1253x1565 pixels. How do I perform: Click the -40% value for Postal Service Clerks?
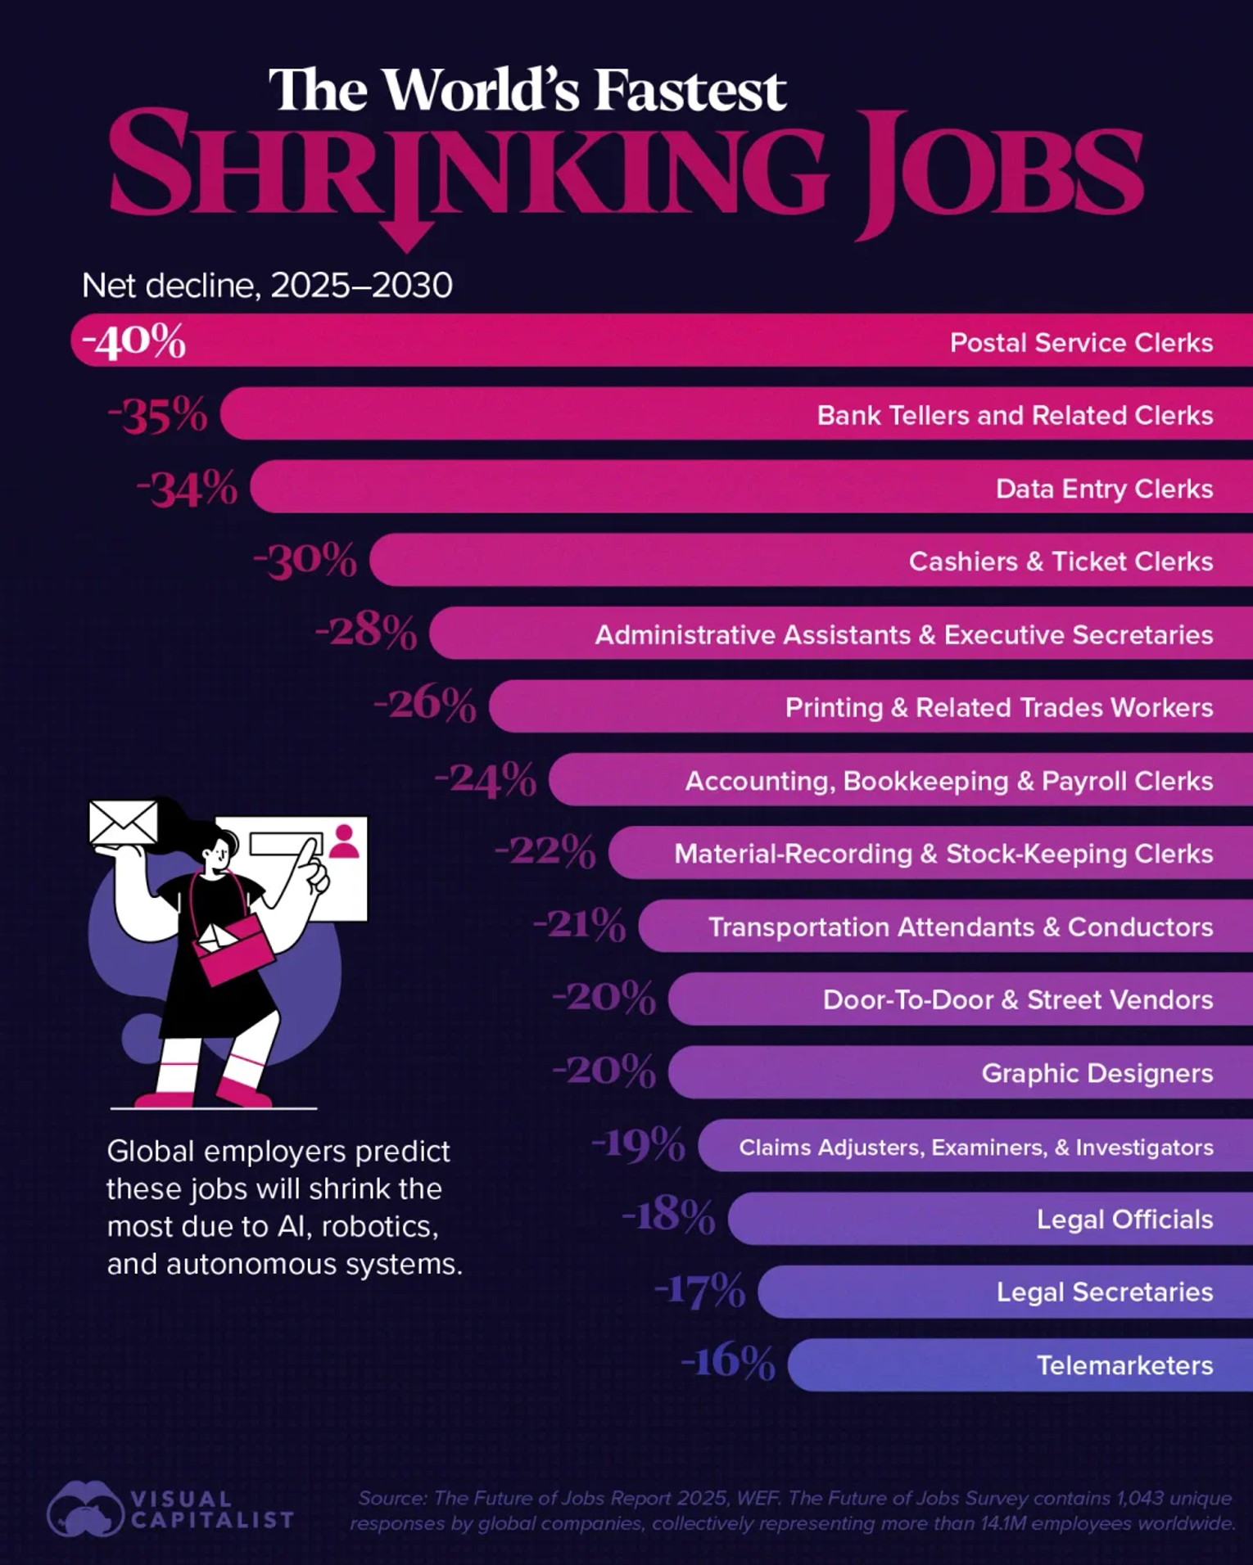(134, 341)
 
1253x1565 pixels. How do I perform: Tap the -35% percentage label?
(159, 415)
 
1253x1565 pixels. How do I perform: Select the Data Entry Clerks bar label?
(1104, 489)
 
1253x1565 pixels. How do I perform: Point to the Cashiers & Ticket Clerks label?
(1061, 562)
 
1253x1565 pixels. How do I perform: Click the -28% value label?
(367, 632)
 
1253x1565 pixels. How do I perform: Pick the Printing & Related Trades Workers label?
(998, 707)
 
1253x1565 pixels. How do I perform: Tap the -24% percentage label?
(486, 779)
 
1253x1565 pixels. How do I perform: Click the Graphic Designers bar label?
(1097, 1073)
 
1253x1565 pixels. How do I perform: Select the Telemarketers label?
(1124, 1365)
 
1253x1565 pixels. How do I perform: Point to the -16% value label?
(728, 1363)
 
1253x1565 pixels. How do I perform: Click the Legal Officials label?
(1124, 1220)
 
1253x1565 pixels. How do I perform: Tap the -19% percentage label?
(639, 1144)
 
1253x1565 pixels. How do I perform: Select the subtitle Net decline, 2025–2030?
(267, 286)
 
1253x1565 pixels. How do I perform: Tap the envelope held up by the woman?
(123, 822)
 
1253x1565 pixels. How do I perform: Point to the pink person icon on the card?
(344, 841)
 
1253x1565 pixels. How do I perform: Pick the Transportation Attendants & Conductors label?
(960, 927)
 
